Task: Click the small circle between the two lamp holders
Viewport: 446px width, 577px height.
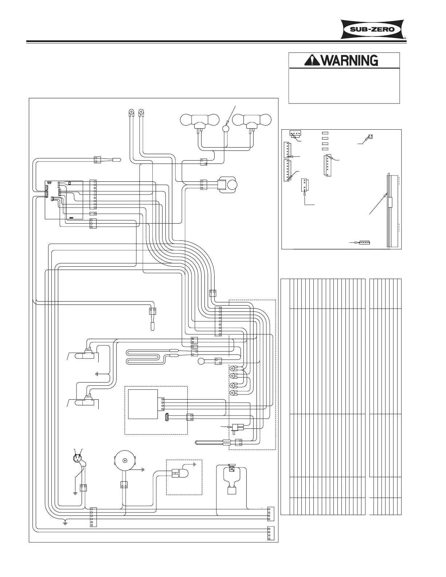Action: [226, 128]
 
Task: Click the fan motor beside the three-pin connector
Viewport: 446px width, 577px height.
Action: [228, 185]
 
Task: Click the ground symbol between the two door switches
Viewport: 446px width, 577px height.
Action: [97, 374]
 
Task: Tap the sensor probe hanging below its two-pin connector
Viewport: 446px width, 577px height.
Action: [153, 322]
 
